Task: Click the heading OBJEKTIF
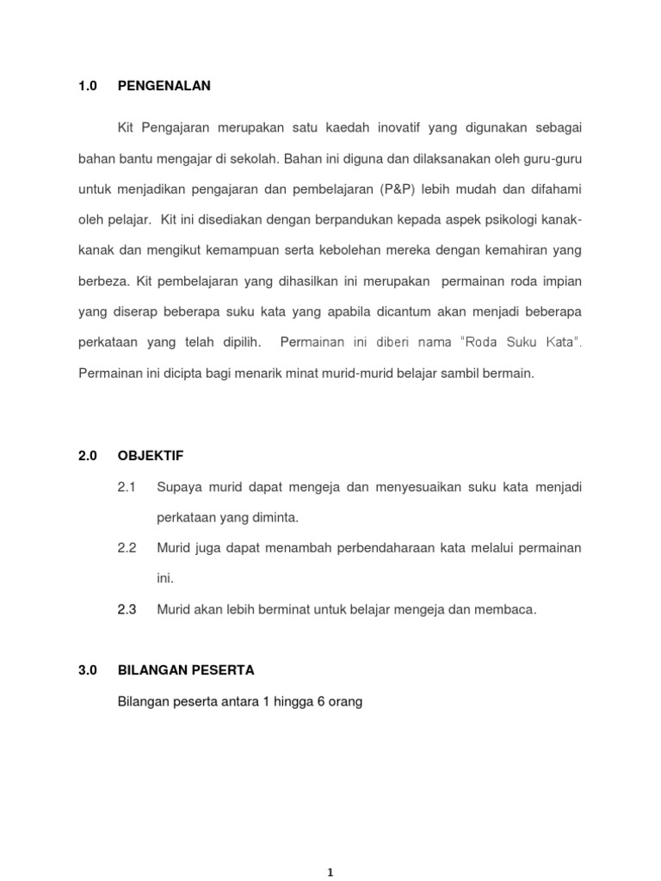click(151, 456)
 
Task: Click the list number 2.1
click(127, 488)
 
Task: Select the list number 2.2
click(127, 548)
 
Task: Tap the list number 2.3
click(127, 609)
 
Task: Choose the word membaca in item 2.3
click(511, 609)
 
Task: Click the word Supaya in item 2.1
click(176, 488)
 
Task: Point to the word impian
click(560, 280)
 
